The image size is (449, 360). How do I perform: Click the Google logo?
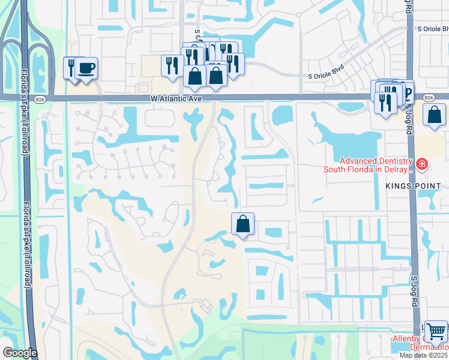pyautogui.click(x=20, y=353)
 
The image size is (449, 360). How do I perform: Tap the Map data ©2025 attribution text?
pyautogui.click(x=424, y=355)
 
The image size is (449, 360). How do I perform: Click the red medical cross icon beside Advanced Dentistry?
pyautogui.click(x=423, y=164)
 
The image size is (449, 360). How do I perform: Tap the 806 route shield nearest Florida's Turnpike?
pyautogui.click(x=40, y=98)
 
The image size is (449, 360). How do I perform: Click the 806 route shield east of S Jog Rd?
pyautogui.click(x=428, y=98)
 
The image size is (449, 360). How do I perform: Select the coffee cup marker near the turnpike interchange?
pyautogui.click(x=87, y=67)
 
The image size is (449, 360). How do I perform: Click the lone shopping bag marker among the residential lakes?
pyautogui.click(x=243, y=224)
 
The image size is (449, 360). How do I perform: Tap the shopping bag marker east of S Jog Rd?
pyautogui.click(x=434, y=115)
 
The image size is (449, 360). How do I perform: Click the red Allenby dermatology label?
pyautogui.click(x=420, y=343)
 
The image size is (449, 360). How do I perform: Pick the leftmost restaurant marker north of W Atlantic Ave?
pyautogui.click(x=172, y=65)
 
